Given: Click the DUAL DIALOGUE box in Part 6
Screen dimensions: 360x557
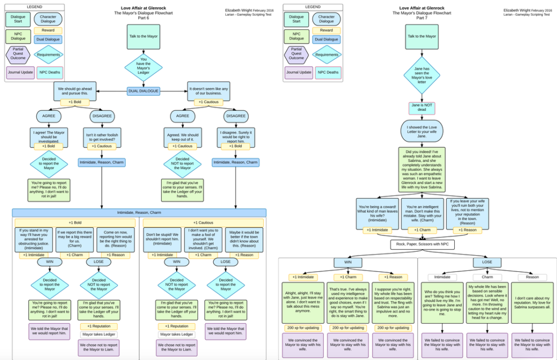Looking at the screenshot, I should pyautogui.click(x=144, y=91).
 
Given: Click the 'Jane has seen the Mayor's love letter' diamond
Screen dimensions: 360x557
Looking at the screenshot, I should pyautogui.click(x=422, y=76).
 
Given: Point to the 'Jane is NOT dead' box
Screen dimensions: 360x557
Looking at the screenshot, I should pyautogui.click(x=422, y=108).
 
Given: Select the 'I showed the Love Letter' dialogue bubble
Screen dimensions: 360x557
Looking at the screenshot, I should pyautogui.click(x=422, y=131).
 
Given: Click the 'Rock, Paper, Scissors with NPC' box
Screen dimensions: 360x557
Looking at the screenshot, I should pyautogui.click(x=422, y=245).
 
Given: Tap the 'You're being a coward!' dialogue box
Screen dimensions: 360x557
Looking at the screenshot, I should pyautogui.click(x=377, y=212).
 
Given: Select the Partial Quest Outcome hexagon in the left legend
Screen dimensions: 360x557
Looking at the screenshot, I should pyautogui.click(x=18, y=54).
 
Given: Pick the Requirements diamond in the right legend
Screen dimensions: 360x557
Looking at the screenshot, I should pyautogui.click(x=326, y=54).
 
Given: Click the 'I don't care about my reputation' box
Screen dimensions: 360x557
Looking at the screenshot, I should pyautogui.click(x=533, y=302).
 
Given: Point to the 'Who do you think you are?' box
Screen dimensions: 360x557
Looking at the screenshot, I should pyautogui.click(x=442, y=302).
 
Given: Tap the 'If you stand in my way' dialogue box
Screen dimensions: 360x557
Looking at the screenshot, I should pyautogui.click(x=34, y=239).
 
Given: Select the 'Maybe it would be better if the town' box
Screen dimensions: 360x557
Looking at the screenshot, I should pyautogui.click(x=245, y=239).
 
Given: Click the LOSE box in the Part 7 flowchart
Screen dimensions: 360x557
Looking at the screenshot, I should pyautogui.click(x=487, y=263).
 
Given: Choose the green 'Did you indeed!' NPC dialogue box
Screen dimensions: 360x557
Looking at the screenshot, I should pyautogui.click(x=422, y=169).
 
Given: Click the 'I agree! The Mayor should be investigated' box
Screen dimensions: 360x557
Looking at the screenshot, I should pyautogui.click(x=49, y=136).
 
